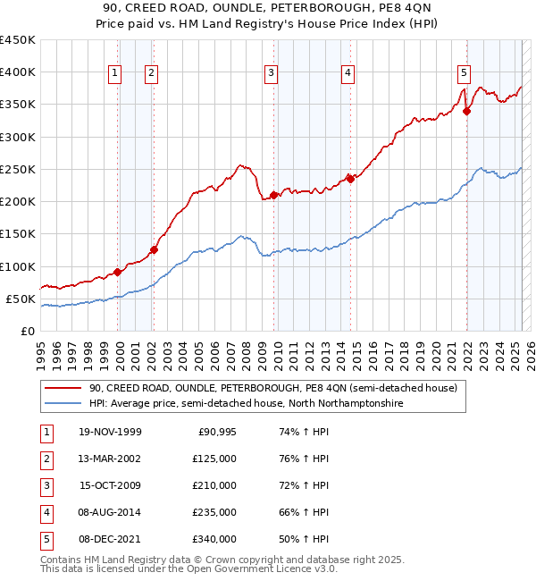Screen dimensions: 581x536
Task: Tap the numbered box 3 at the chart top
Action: (270, 74)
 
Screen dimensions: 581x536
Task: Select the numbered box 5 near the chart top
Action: (464, 74)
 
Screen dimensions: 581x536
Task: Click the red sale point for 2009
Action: (273, 195)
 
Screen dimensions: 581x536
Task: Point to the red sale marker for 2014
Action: (350, 179)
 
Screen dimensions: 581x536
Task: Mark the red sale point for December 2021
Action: (466, 111)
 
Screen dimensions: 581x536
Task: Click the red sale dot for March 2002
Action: (154, 250)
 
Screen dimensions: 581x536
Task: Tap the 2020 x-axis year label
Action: (435, 348)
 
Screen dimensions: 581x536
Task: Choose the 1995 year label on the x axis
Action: (41, 348)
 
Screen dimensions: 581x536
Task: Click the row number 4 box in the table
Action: (45, 512)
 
